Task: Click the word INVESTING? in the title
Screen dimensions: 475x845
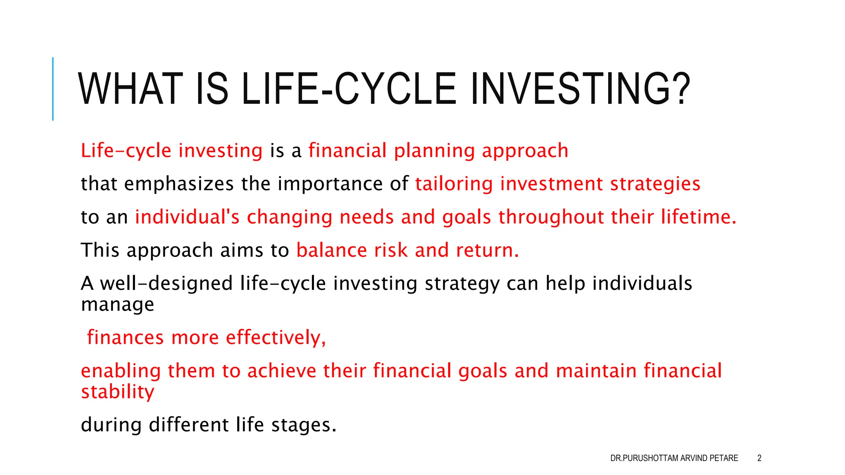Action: coord(580,89)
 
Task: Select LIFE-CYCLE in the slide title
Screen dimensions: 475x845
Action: coord(349,89)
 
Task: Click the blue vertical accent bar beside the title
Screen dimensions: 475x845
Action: coord(53,89)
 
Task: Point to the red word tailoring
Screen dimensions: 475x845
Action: coord(454,184)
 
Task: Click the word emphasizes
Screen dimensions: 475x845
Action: coord(179,184)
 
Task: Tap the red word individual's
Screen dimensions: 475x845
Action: coord(187,217)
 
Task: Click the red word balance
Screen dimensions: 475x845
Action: coord(331,250)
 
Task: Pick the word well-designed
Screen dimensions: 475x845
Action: coord(166,284)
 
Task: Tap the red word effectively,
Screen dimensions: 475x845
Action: coord(276,338)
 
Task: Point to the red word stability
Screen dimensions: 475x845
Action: coord(118,392)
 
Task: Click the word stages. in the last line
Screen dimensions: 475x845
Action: coord(304,425)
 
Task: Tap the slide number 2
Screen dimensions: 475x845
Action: coord(759,458)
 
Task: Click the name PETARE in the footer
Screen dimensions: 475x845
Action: coord(724,458)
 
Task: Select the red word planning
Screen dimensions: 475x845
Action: coord(434,151)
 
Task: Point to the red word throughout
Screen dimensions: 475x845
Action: coord(551,217)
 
